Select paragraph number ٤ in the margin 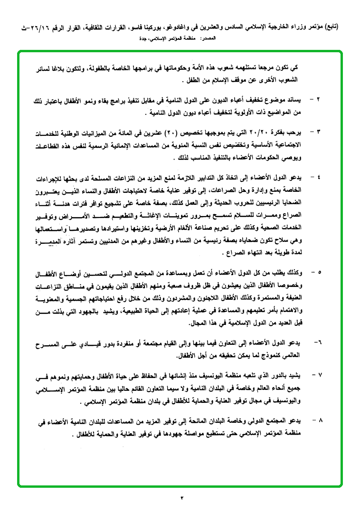[319, 177]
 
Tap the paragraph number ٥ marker [319, 273]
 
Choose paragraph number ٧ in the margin [319, 375]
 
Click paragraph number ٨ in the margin [319, 420]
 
